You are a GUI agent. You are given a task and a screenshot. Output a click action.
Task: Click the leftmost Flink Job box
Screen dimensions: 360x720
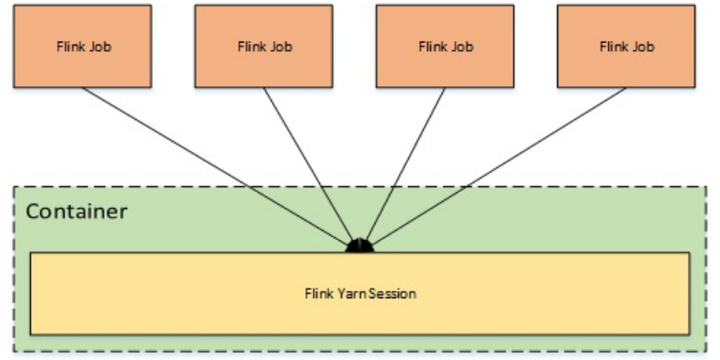(81, 45)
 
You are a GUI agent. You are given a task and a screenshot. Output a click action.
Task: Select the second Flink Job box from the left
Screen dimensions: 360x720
(263, 45)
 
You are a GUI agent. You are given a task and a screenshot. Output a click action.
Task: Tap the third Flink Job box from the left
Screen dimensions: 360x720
(445, 45)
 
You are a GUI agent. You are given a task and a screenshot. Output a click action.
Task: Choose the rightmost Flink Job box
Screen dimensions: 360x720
(626, 45)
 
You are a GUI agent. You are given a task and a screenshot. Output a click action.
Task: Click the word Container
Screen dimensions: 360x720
(76, 212)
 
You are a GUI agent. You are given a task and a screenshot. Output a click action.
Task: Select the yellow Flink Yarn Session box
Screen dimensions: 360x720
(360, 293)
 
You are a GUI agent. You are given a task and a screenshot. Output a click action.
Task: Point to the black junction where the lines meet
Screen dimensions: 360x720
(361, 245)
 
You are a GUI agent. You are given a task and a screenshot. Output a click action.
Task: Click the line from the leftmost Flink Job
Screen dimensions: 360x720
(218, 165)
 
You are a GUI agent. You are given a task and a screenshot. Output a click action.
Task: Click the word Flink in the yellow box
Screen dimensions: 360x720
(317, 294)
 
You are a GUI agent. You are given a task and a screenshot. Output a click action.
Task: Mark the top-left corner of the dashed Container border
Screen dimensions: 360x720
(14, 188)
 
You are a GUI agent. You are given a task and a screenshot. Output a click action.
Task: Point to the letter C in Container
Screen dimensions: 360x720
(33, 212)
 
